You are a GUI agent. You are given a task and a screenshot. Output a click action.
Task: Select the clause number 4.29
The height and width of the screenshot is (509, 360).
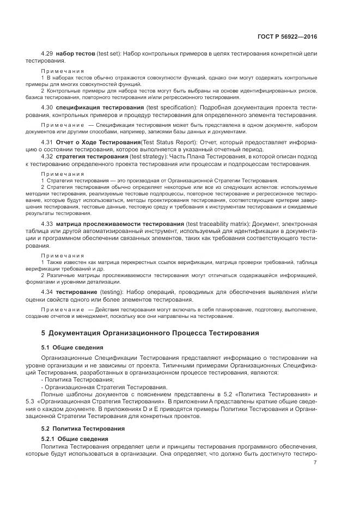(x=47, y=55)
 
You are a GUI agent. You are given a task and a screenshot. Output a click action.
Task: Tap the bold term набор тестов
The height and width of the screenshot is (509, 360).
(x=75, y=55)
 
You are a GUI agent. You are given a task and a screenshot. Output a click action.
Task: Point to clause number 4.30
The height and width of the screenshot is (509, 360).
(x=47, y=108)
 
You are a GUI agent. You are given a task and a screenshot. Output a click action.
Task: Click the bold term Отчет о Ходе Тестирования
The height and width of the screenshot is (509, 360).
(x=95, y=142)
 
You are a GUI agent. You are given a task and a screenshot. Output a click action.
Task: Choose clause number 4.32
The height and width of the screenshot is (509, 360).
(x=47, y=156)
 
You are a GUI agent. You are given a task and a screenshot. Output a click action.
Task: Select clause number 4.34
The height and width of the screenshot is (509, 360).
(x=47, y=292)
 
